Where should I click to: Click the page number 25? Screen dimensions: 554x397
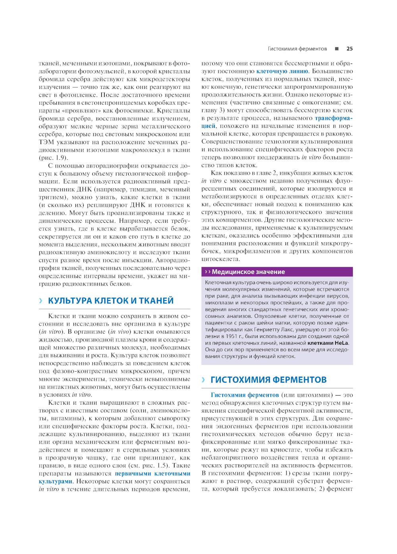[x=349, y=49]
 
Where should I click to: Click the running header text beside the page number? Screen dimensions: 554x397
[x=297, y=49]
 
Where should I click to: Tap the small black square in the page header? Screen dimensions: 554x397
[x=337, y=49]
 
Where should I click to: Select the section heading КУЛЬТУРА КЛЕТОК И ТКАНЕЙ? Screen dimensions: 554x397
[x=111, y=301]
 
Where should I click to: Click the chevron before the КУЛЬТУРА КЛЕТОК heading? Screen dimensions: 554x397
[x=40, y=301]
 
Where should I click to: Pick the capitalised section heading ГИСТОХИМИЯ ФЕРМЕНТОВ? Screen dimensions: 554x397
[x=268, y=380]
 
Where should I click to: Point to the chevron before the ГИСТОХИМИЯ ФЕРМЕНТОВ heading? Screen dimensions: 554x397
[x=203, y=380]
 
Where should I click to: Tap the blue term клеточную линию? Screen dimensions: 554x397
[x=282, y=71]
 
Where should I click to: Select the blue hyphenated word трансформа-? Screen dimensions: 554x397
[x=333, y=118]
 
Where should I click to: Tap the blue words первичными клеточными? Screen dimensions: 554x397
[x=152, y=473]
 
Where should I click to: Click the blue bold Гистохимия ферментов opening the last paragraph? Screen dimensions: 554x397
[x=245, y=395]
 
